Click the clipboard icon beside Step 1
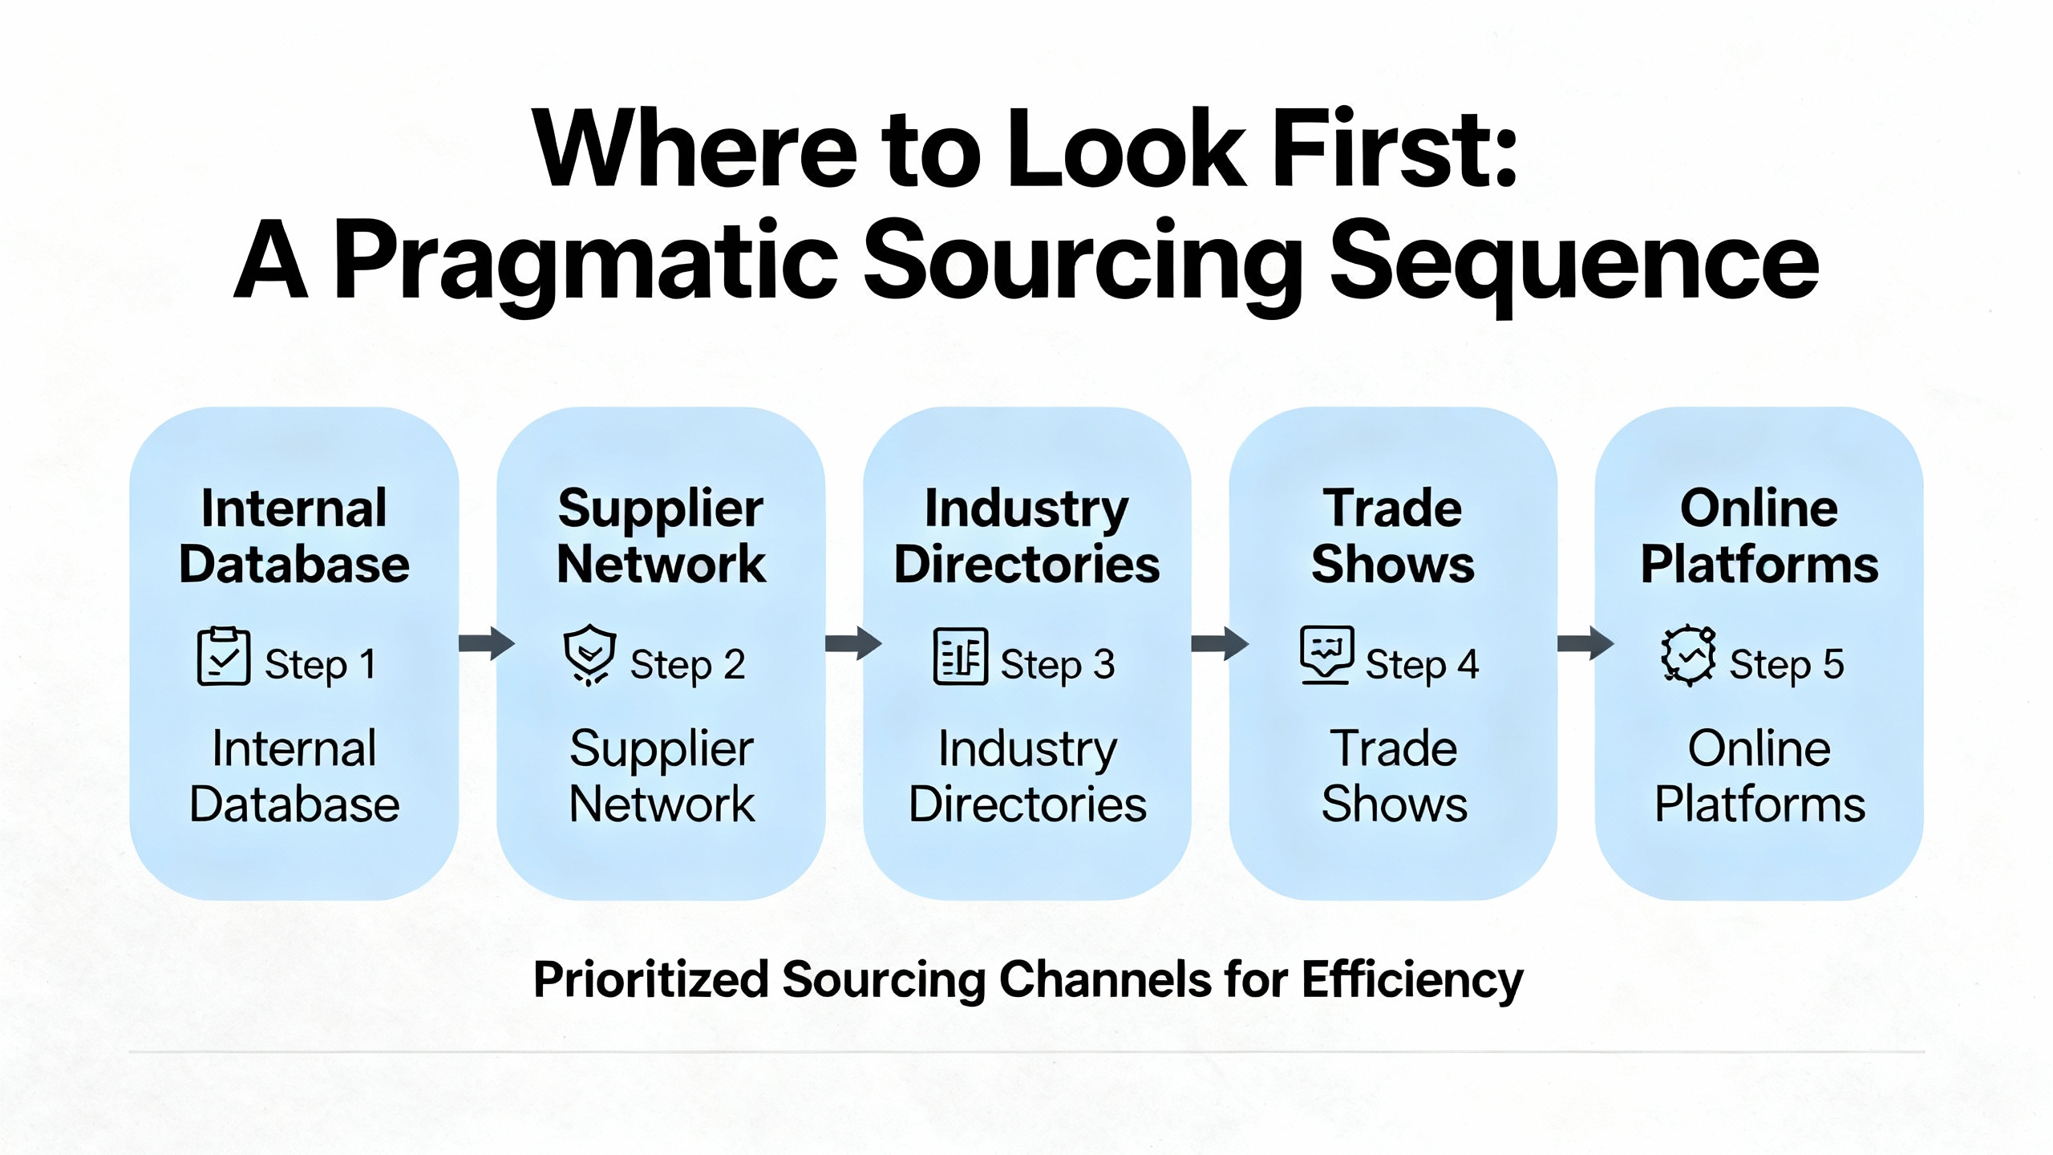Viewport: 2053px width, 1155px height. (x=223, y=656)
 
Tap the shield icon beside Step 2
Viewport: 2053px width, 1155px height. (x=589, y=654)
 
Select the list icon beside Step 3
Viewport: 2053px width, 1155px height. (x=959, y=656)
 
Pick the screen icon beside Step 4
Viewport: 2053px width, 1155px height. (x=1326, y=654)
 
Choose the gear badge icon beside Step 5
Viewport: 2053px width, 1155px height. (x=1688, y=655)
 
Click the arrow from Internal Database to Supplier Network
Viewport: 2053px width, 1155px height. (x=486, y=642)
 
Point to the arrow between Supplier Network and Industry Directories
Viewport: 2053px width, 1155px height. (x=852, y=642)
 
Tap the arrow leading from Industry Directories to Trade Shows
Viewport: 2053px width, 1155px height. (x=1219, y=642)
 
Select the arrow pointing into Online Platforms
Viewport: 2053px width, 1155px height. (x=1585, y=642)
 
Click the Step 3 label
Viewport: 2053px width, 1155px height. (x=1057, y=664)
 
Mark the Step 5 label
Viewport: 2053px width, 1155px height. (x=1786, y=664)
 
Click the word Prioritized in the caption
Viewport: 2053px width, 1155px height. (x=650, y=980)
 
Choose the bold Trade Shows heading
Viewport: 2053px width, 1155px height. (x=1393, y=536)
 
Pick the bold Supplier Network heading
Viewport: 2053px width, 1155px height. (x=661, y=536)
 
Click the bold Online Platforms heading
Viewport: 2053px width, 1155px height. (x=1759, y=536)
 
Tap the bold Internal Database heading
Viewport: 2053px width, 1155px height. (x=294, y=536)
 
